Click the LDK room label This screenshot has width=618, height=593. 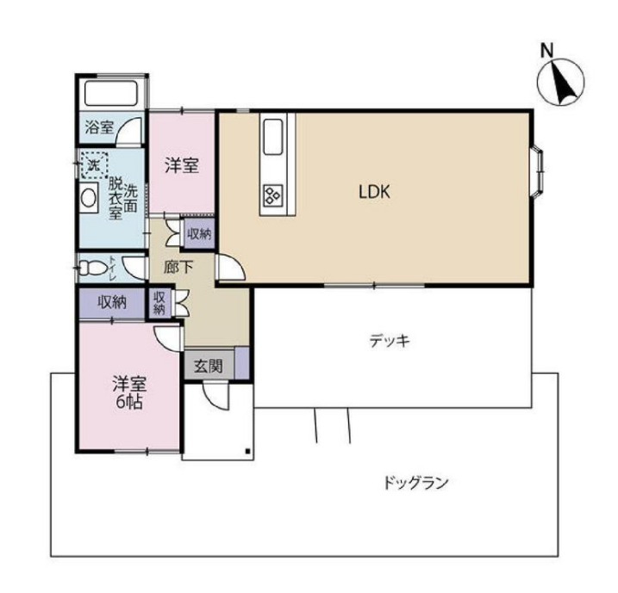[x=375, y=193]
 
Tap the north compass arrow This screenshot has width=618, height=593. [x=560, y=83]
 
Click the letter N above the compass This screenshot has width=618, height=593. [x=546, y=51]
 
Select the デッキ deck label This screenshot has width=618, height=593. [x=389, y=341]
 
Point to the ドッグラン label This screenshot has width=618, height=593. [x=416, y=483]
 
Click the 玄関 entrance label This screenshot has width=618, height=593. [x=208, y=366]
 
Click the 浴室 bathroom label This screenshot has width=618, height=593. [x=99, y=128]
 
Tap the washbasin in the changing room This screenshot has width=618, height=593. [x=90, y=197]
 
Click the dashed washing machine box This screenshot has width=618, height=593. [x=92, y=162]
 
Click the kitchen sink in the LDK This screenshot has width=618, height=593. [x=273, y=135]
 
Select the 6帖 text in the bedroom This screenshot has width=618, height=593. [x=127, y=402]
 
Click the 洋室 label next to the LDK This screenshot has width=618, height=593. [x=182, y=165]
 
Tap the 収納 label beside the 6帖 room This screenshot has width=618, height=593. [x=112, y=302]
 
